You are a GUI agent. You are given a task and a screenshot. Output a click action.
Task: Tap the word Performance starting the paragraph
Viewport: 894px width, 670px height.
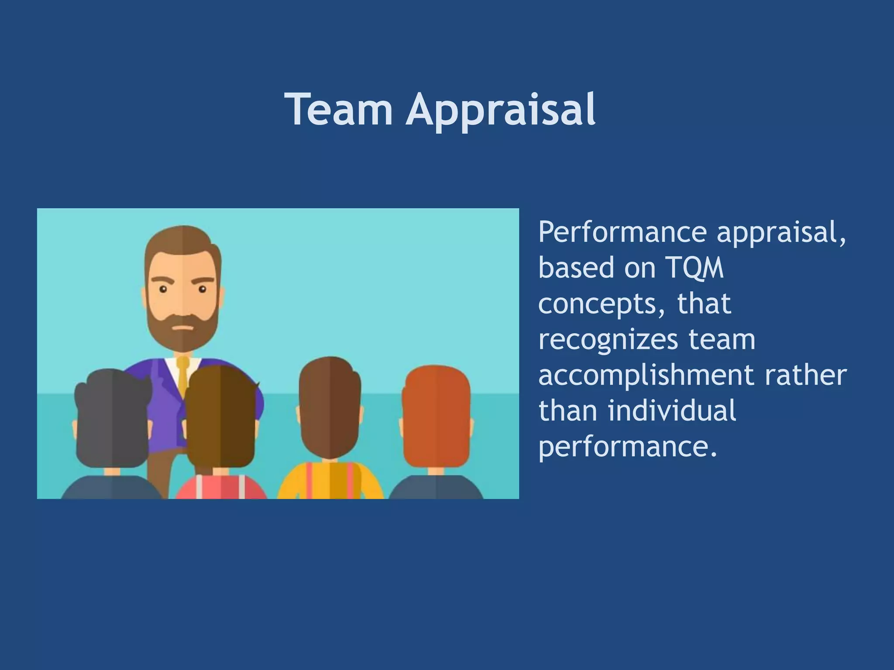pyautogui.click(x=622, y=232)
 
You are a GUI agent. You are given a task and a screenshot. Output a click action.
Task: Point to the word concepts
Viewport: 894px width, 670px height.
pyautogui.click(x=597, y=304)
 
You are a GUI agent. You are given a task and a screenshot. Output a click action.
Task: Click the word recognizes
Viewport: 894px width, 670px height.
pyautogui.click(x=608, y=339)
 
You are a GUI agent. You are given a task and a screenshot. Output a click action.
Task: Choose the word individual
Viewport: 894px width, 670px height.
pyautogui.click(x=672, y=411)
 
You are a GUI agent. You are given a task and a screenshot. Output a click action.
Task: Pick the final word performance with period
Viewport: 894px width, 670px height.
pyautogui.click(x=628, y=447)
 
